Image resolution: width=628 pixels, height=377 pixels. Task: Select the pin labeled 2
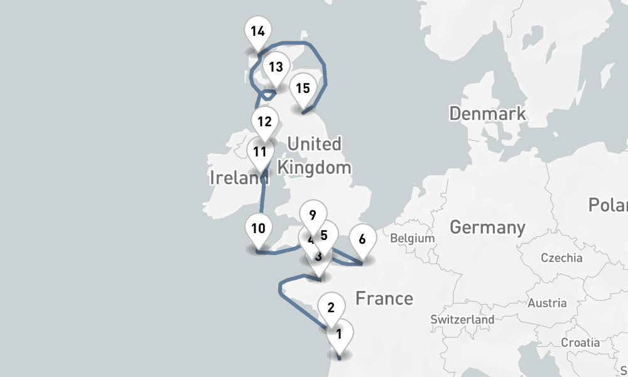[x=331, y=308]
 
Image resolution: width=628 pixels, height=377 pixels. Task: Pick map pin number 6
[x=362, y=239]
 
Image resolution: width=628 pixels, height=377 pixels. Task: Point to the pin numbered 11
[x=260, y=152]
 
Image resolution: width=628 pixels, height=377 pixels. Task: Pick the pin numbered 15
[x=303, y=89]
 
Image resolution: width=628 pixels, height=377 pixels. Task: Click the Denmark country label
[x=487, y=114]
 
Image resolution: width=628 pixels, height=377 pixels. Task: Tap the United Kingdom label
[x=314, y=156]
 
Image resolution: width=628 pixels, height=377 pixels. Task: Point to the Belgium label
[x=412, y=239]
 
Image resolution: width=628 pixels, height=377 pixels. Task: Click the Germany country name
[x=487, y=227]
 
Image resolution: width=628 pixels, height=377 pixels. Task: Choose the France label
[x=384, y=298]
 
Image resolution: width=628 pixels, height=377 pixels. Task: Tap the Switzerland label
[x=462, y=320]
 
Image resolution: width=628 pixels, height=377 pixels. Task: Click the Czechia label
[x=561, y=258]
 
